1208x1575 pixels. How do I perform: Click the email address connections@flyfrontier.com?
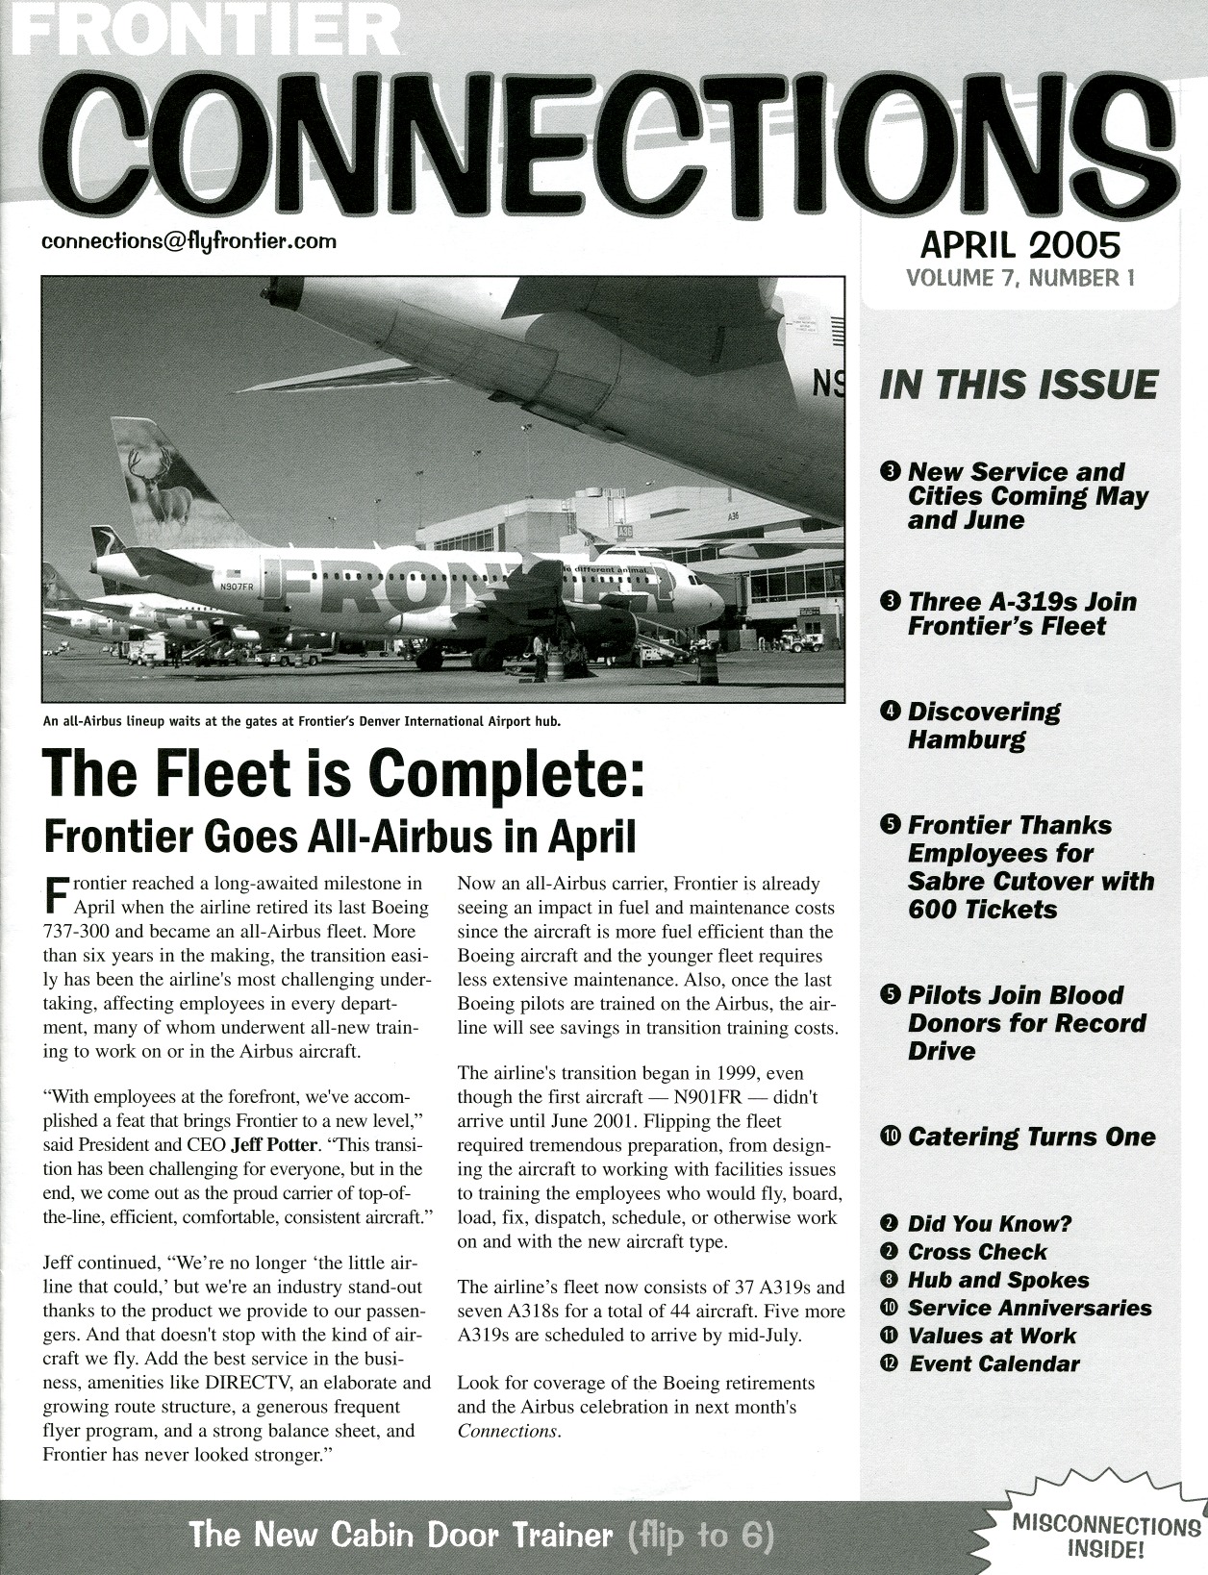189,240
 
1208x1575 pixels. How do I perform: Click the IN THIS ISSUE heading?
1019,385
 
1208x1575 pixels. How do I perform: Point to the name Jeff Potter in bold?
274,1145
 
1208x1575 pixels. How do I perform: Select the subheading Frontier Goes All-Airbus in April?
340,837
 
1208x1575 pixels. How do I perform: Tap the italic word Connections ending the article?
507,1431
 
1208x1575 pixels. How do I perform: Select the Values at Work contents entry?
992,1336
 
